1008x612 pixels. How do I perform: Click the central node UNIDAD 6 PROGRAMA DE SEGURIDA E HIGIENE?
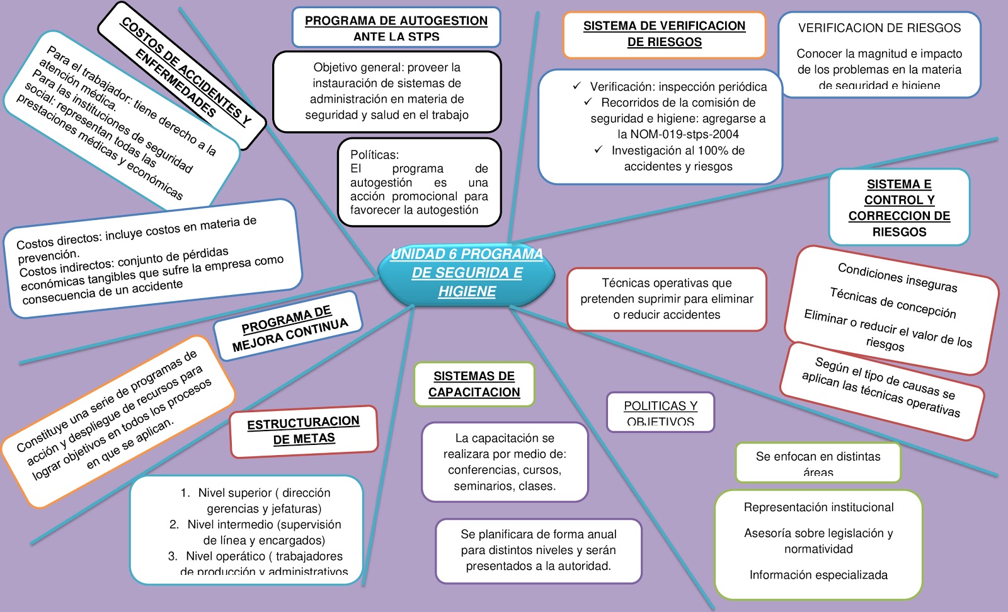[x=466, y=273]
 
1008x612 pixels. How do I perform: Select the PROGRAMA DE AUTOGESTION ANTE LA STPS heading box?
[x=396, y=28]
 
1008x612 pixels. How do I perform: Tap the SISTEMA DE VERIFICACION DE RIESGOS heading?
[x=664, y=34]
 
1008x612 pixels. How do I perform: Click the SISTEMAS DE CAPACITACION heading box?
[x=474, y=384]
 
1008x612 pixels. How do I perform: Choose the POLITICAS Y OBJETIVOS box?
[x=660, y=413]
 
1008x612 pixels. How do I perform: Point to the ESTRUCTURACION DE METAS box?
[x=304, y=430]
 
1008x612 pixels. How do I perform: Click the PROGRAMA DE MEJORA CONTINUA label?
[x=289, y=328]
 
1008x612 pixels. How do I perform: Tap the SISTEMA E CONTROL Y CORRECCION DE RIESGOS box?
[x=899, y=207]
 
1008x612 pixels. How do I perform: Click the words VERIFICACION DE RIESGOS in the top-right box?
[x=879, y=28]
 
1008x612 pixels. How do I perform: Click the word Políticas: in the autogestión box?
[x=374, y=154]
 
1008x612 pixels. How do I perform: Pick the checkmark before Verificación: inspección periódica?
[x=576, y=86]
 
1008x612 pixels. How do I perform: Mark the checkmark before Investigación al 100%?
[x=598, y=149]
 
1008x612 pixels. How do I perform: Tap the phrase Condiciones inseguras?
[x=897, y=277]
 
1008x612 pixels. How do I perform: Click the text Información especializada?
[x=818, y=575]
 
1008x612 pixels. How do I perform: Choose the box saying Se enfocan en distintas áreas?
[x=818, y=463]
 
